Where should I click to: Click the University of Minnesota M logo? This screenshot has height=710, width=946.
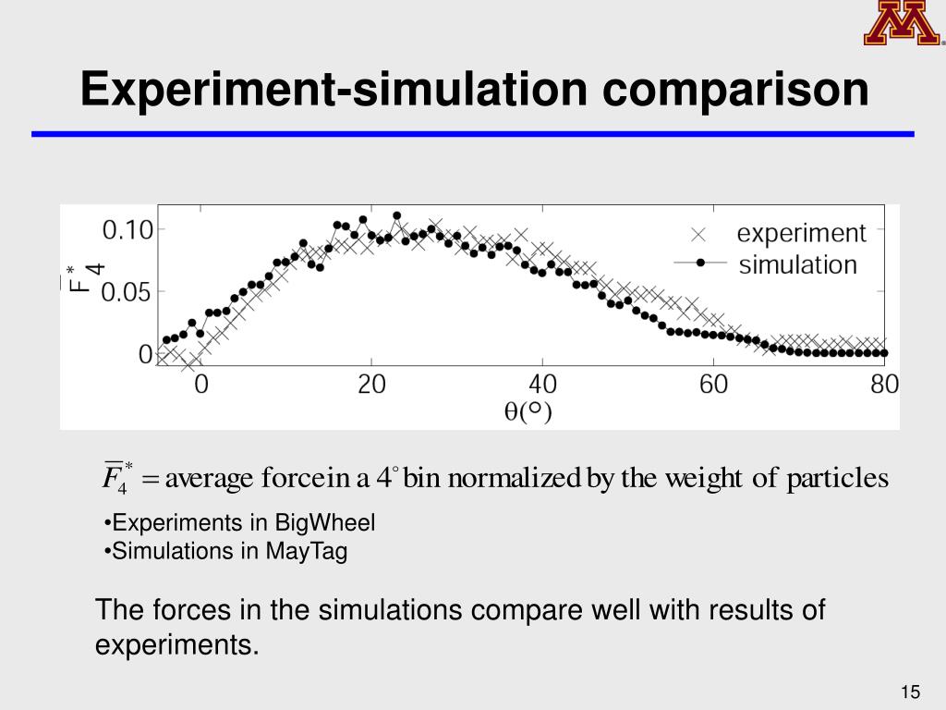(x=902, y=24)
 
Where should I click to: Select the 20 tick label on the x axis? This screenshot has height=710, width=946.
(x=371, y=385)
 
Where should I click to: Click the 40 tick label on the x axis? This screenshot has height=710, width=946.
(x=542, y=385)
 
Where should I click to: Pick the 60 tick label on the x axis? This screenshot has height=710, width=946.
(x=713, y=385)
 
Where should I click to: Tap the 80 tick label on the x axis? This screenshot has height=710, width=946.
(x=884, y=385)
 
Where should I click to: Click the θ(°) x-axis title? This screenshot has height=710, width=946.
(x=528, y=412)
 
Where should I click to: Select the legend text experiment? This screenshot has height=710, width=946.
(x=802, y=234)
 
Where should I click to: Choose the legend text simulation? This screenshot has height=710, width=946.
(x=798, y=265)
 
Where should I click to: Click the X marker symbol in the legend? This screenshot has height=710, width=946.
(x=700, y=234)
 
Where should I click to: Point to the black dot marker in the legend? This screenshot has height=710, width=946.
(x=700, y=263)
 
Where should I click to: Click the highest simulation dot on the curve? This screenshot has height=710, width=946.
(x=397, y=215)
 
